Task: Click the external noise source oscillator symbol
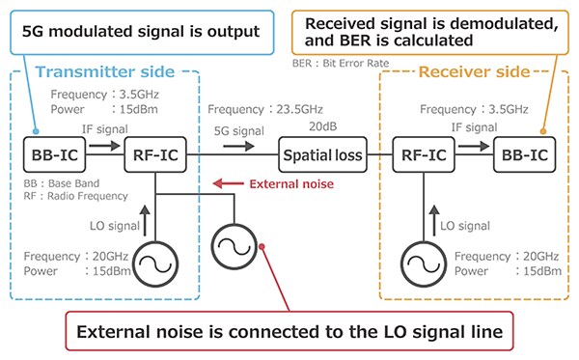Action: click(x=233, y=235)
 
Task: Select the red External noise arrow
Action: click(x=227, y=183)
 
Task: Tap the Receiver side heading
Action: click(x=473, y=71)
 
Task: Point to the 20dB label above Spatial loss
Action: click(x=323, y=126)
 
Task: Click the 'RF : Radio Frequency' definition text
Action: click(x=76, y=196)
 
